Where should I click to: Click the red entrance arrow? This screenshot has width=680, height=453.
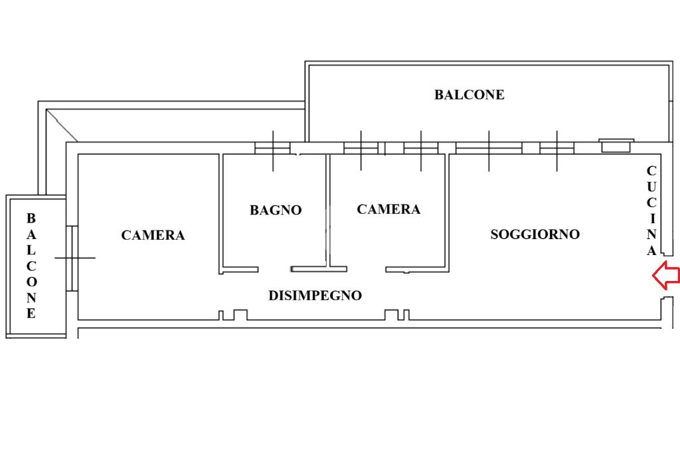pyautogui.click(x=666, y=276)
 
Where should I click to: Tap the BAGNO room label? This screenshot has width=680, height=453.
pyautogui.click(x=276, y=210)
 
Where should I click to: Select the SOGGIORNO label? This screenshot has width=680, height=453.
pyautogui.click(x=535, y=234)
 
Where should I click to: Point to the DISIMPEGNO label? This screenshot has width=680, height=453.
pyautogui.click(x=315, y=296)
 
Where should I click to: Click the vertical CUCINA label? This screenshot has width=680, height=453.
pyautogui.click(x=651, y=211)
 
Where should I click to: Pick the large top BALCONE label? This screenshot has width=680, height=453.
pyautogui.click(x=469, y=94)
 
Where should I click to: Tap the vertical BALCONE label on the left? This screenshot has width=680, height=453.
pyautogui.click(x=31, y=266)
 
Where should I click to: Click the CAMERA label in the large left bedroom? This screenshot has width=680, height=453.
pyautogui.click(x=153, y=235)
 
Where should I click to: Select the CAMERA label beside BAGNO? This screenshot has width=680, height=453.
pyautogui.click(x=388, y=209)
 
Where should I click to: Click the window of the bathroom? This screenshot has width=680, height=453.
pyautogui.click(x=273, y=147)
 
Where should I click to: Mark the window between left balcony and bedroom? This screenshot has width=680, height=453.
pyautogui.click(x=72, y=258)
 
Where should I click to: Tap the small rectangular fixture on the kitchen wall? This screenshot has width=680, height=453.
pyautogui.click(x=616, y=145)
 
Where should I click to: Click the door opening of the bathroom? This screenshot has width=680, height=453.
pyautogui.click(x=274, y=269)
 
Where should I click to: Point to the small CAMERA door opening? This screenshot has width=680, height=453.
pyautogui.click(x=367, y=269)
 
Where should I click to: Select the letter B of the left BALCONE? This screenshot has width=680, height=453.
pyautogui.click(x=31, y=218)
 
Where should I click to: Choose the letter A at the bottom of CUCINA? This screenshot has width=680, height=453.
pyautogui.click(x=651, y=250)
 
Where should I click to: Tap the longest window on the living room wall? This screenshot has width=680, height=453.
pyautogui.click(x=489, y=147)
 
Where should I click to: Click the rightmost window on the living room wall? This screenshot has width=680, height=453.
pyautogui.click(x=556, y=147)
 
